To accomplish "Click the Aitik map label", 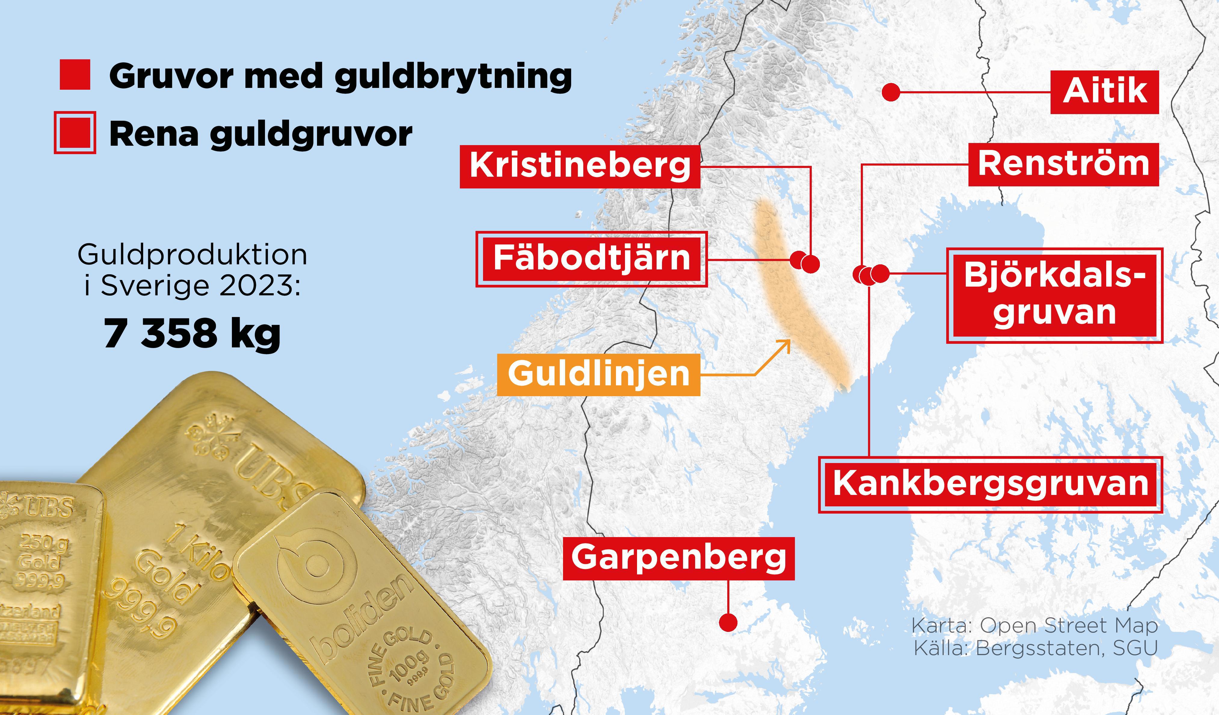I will [x=1104, y=92].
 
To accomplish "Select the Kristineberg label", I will [x=580, y=166].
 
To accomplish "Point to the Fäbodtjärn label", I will [x=591, y=259].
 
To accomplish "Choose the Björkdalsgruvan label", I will [x=1054, y=295].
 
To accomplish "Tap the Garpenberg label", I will [x=679, y=558].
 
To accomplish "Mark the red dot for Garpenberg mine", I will [x=728, y=623].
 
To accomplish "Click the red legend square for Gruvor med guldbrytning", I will [x=75, y=75].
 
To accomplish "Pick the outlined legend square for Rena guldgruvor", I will [x=75, y=133].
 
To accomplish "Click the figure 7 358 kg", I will [x=192, y=334].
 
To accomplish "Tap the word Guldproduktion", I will [x=192, y=255].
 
